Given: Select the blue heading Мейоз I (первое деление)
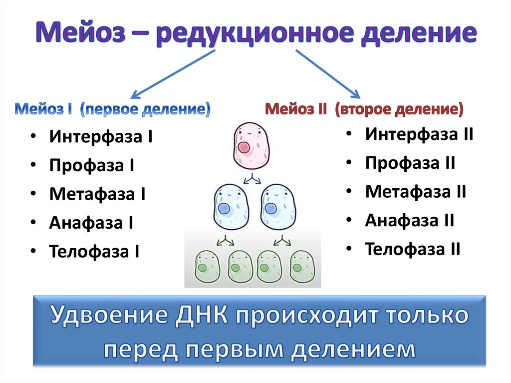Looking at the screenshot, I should point(112,109).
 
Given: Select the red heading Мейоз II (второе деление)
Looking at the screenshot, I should point(364,109).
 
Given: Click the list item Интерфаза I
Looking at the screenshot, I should point(101,137).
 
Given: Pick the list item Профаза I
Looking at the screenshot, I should point(91,165).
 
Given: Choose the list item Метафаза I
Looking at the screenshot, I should point(97,194).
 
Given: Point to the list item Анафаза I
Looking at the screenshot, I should point(91,222).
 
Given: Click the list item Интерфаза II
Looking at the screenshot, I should point(419,134).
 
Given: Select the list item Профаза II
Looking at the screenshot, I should point(410,163).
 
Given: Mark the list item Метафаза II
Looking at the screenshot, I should point(416,191).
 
